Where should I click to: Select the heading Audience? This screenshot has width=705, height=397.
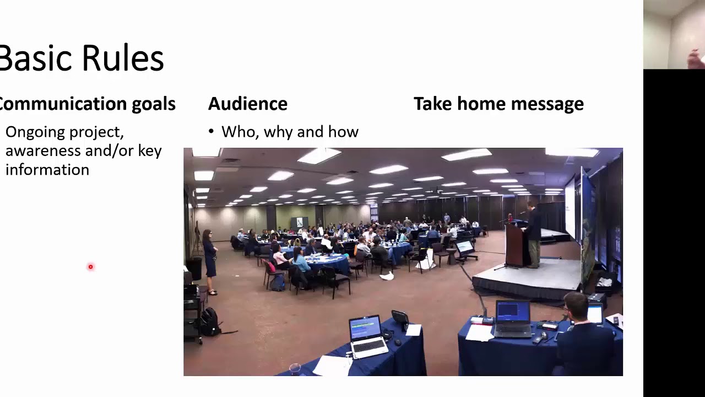coord(247,104)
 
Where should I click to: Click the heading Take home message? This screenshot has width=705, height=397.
coord(498,104)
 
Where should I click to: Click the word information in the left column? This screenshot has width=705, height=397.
coord(47,170)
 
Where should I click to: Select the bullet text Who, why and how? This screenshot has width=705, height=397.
coord(290,132)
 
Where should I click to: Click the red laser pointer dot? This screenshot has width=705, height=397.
coord(91,267)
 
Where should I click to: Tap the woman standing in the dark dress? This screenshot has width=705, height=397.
coord(209,259)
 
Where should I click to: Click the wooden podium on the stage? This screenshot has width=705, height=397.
coord(516,245)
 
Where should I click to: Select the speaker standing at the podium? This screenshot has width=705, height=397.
coord(533,234)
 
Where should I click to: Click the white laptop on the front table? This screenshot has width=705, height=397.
coord(366,336)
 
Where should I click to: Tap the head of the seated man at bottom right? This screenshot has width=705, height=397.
coord(576,307)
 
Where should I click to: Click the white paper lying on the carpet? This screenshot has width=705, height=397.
coord(387,276)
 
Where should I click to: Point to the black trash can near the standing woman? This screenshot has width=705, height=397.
coord(194,269)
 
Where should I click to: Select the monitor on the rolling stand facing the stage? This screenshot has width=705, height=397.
coord(465,247)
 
